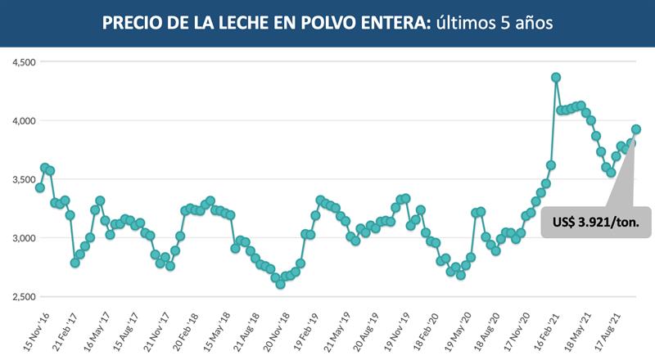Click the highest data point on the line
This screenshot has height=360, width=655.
[556, 78]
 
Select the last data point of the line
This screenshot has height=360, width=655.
[636, 129]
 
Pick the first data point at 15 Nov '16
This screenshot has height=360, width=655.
[39, 187]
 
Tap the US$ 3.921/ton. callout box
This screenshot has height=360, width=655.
[601, 221]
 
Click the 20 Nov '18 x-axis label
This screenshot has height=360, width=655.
[277, 328]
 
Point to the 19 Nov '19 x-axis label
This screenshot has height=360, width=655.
[398, 328]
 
